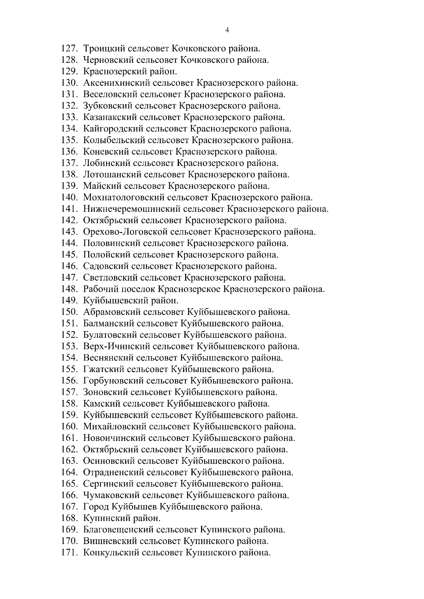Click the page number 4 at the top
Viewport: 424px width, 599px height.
tap(227, 30)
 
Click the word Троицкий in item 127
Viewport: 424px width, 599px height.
tap(103, 48)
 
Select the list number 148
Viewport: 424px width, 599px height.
tap(69, 289)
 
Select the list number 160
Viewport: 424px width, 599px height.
tap(69, 426)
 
